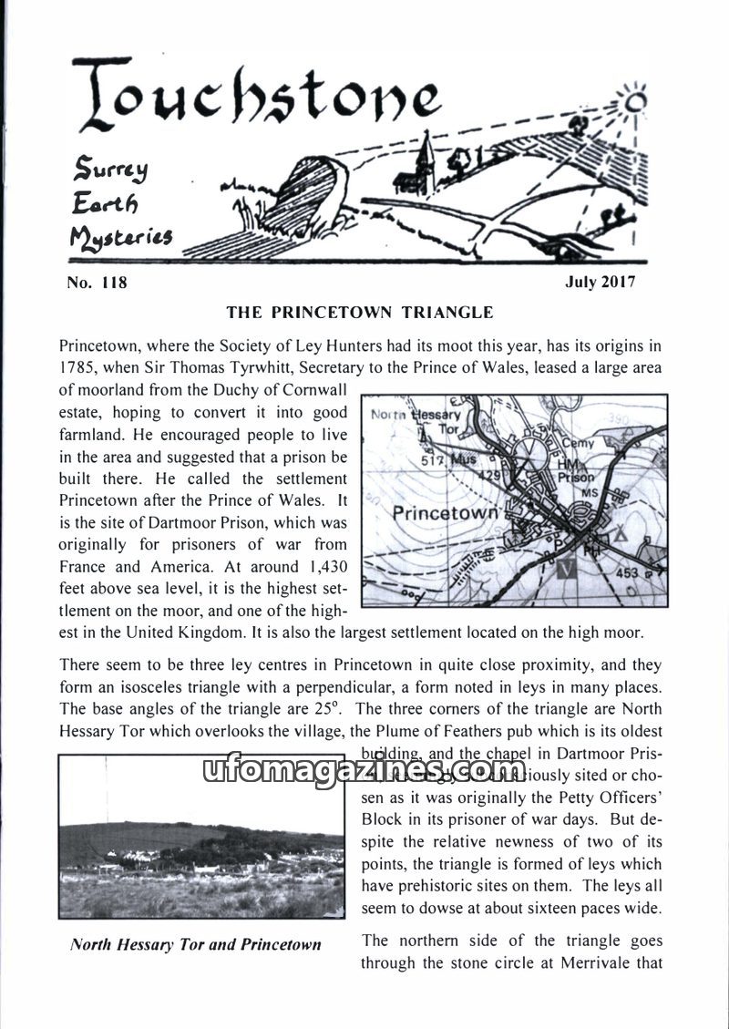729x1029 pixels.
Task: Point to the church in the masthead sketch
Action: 426,165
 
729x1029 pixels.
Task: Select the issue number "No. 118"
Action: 97,283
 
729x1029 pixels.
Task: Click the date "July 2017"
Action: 601,282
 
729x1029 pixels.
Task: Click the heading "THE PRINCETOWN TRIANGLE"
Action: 360,313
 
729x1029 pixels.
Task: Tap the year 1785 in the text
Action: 79,368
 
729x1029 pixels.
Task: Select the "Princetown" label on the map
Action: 445,513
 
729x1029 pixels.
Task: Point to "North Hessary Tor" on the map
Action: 428,421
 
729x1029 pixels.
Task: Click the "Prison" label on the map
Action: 574,477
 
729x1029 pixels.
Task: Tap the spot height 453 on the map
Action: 628,573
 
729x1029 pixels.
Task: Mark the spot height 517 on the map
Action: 432,461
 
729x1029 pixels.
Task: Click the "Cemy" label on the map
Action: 578,444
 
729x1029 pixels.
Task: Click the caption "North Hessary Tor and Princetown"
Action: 196,944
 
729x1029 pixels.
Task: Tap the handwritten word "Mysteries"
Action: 120,239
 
